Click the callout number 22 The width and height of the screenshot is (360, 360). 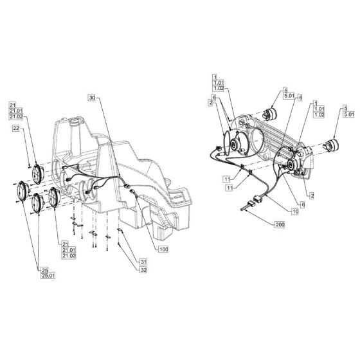click(x=16, y=129)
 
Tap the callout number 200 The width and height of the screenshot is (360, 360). click(x=279, y=225)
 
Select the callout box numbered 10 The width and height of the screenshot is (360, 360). click(x=295, y=211)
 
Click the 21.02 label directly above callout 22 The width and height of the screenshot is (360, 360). click(x=15, y=118)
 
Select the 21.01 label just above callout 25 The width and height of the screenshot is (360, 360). click(x=66, y=249)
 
